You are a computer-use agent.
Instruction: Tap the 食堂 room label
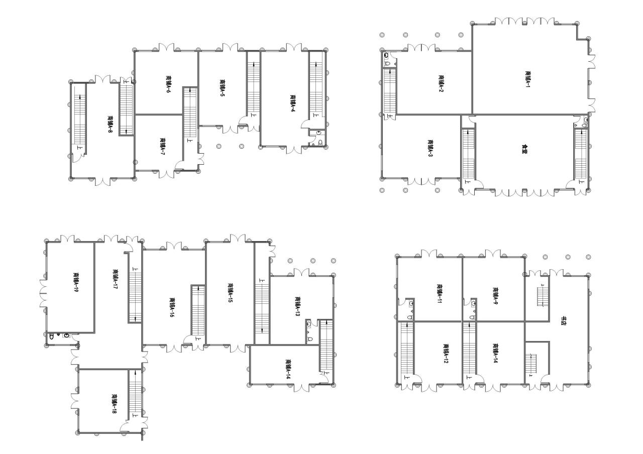[x=525, y=149]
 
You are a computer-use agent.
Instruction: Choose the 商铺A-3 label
[x=430, y=149]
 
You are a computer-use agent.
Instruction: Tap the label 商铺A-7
[x=162, y=147]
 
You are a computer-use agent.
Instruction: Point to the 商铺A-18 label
[x=115, y=404]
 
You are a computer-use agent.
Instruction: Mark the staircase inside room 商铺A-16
[x=198, y=311]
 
